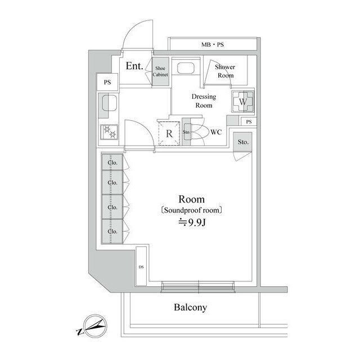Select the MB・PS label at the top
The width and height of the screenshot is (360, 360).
click(x=213, y=44)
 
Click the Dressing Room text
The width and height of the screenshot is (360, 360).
click(x=203, y=101)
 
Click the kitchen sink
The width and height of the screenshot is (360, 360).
click(x=108, y=104)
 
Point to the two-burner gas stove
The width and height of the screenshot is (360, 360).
click(x=108, y=133)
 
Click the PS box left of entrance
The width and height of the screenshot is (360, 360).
click(x=106, y=82)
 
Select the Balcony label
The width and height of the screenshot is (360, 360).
click(x=190, y=308)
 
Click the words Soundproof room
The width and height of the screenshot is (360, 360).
click(x=191, y=210)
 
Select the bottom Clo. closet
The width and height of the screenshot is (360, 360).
click(x=112, y=231)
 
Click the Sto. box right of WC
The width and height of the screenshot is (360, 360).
click(x=242, y=142)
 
